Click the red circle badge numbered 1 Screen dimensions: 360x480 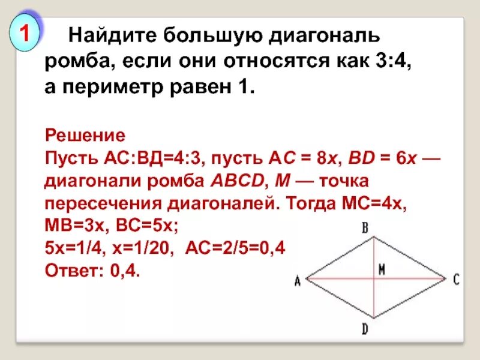(x=25, y=34)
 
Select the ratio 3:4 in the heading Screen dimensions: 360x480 (x=394, y=62)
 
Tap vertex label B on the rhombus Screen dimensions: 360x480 (x=365, y=227)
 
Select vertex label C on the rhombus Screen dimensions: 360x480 (x=457, y=279)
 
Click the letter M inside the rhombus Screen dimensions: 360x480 (x=381, y=270)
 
